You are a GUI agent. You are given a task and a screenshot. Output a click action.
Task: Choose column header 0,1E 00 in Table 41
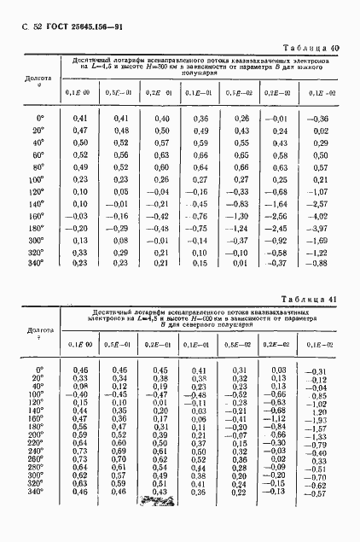tap(79, 344)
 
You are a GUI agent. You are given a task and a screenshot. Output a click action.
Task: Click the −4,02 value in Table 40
tap(318, 218)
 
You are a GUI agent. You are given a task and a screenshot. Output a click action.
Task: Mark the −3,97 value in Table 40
tap(318, 230)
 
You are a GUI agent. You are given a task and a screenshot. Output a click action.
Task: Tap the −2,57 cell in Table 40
tap(318, 206)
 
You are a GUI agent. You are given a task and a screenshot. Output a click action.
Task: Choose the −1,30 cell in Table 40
tap(238, 218)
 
